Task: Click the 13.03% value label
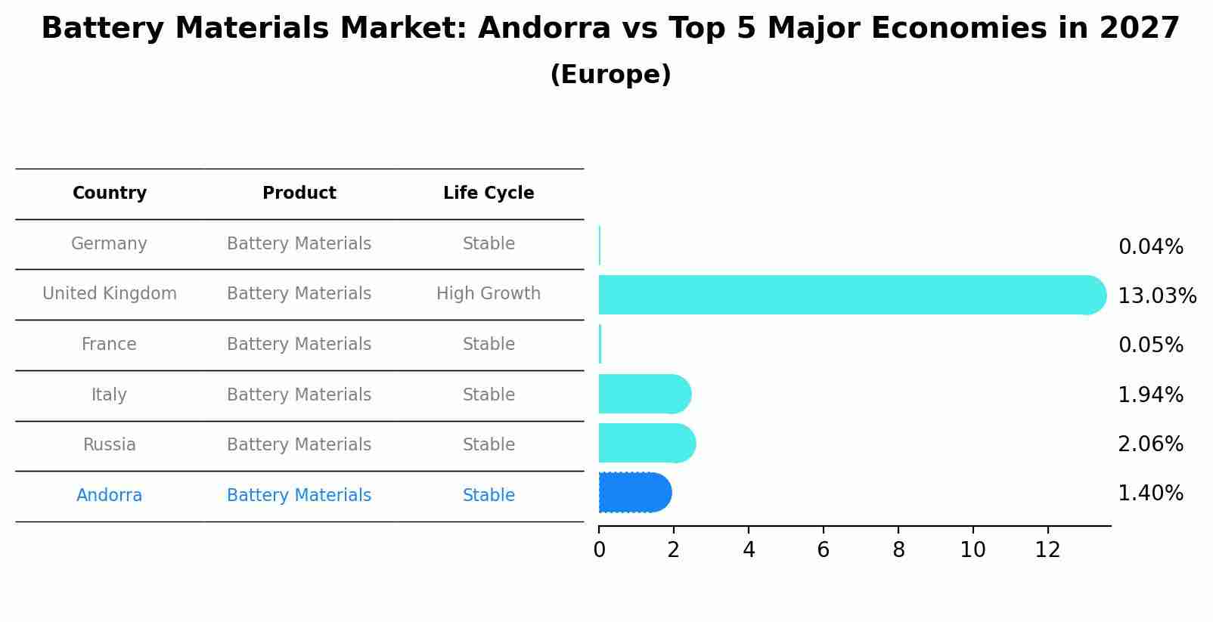point(1156,296)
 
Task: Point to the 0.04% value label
point(1150,247)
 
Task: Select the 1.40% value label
point(1150,494)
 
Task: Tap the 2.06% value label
point(1150,444)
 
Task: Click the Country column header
point(110,193)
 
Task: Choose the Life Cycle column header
point(489,193)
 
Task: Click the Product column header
point(299,193)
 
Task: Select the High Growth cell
point(489,294)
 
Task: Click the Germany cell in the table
point(109,244)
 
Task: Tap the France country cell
point(109,345)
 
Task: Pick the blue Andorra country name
point(109,496)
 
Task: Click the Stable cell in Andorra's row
point(489,496)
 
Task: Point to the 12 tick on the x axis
point(1047,550)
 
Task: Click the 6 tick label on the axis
point(823,550)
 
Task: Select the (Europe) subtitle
point(610,75)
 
